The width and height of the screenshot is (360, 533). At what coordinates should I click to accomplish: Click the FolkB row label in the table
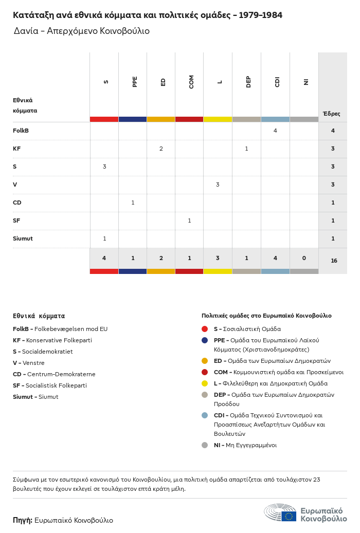(x=21, y=131)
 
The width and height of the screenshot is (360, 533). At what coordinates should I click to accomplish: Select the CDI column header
(x=277, y=82)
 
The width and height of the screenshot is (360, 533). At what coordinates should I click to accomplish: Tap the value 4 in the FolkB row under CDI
(x=275, y=131)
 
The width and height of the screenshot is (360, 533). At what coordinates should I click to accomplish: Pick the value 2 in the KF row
(x=161, y=149)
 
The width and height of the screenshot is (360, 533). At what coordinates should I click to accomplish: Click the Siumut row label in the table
(x=23, y=238)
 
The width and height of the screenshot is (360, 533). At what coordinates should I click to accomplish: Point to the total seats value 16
(x=334, y=261)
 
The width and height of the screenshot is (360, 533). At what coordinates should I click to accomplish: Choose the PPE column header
(x=135, y=82)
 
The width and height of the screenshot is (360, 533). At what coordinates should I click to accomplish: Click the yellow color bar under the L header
(x=218, y=119)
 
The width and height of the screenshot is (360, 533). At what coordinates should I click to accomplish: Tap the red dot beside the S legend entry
(x=205, y=329)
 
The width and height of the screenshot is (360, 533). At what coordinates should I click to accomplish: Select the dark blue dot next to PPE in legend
(x=205, y=340)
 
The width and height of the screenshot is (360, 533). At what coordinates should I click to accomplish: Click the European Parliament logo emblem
(x=280, y=513)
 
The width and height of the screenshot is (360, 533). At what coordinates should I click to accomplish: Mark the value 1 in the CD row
(x=133, y=203)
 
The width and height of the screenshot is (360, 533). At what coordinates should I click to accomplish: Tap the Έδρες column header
(x=331, y=114)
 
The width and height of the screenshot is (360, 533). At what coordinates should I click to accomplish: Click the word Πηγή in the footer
(x=22, y=520)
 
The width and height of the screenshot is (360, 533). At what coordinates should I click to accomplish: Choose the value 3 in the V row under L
(x=218, y=185)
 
